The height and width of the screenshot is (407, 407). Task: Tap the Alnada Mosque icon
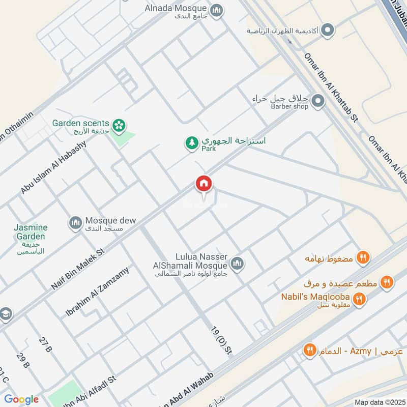[x=217, y=11]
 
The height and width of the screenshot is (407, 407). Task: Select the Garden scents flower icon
[x=119, y=125]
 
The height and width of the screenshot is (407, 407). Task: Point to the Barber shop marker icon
[x=318, y=101]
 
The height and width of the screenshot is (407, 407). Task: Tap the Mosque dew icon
[x=76, y=223]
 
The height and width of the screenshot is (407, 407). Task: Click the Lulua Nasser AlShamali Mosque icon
[x=237, y=264]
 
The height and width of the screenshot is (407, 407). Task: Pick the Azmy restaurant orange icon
[x=309, y=350]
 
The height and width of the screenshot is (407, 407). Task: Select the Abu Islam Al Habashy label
[x=54, y=167]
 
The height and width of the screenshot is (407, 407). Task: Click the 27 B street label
[x=46, y=344]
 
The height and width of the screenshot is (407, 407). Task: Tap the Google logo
[x=22, y=399]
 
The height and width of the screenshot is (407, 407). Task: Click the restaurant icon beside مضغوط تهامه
[x=363, y=257]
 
